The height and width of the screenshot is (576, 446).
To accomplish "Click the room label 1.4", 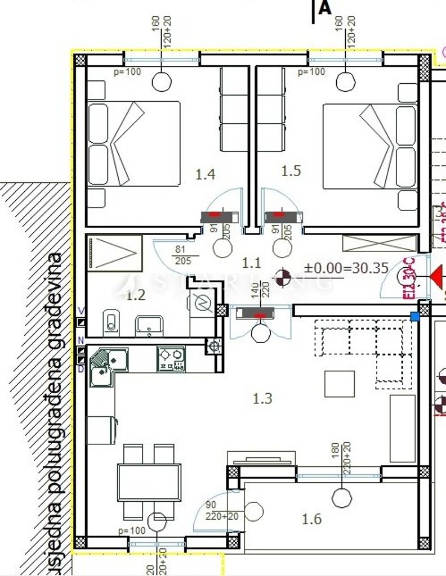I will pos(205,174).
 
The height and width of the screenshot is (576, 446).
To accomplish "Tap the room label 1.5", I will pos(291,170).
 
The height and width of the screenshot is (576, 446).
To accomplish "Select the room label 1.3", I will pos(262,399).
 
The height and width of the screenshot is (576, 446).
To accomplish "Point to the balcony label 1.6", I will pos(311,519).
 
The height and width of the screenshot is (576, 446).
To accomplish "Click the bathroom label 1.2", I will pos(136,295).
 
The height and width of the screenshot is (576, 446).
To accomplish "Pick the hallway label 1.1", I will pos(251,262).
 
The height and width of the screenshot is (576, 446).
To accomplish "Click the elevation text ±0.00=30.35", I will pos(346,268).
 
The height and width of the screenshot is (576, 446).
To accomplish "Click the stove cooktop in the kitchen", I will pos(171,359).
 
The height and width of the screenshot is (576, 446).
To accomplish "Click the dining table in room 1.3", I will pos(149,482).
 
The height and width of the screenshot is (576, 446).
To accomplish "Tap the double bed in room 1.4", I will pos(133,143).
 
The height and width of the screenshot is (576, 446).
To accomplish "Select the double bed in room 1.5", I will pos(370,146).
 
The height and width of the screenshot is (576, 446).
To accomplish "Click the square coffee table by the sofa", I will pos(340,384).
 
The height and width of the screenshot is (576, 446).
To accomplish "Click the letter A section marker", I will pos(324,9).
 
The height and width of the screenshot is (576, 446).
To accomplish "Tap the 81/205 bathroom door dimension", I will pos(182,256).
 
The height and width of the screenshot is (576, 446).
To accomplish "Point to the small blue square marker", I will pos(415,317).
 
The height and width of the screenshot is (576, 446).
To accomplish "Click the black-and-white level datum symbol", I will pos(284,277).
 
